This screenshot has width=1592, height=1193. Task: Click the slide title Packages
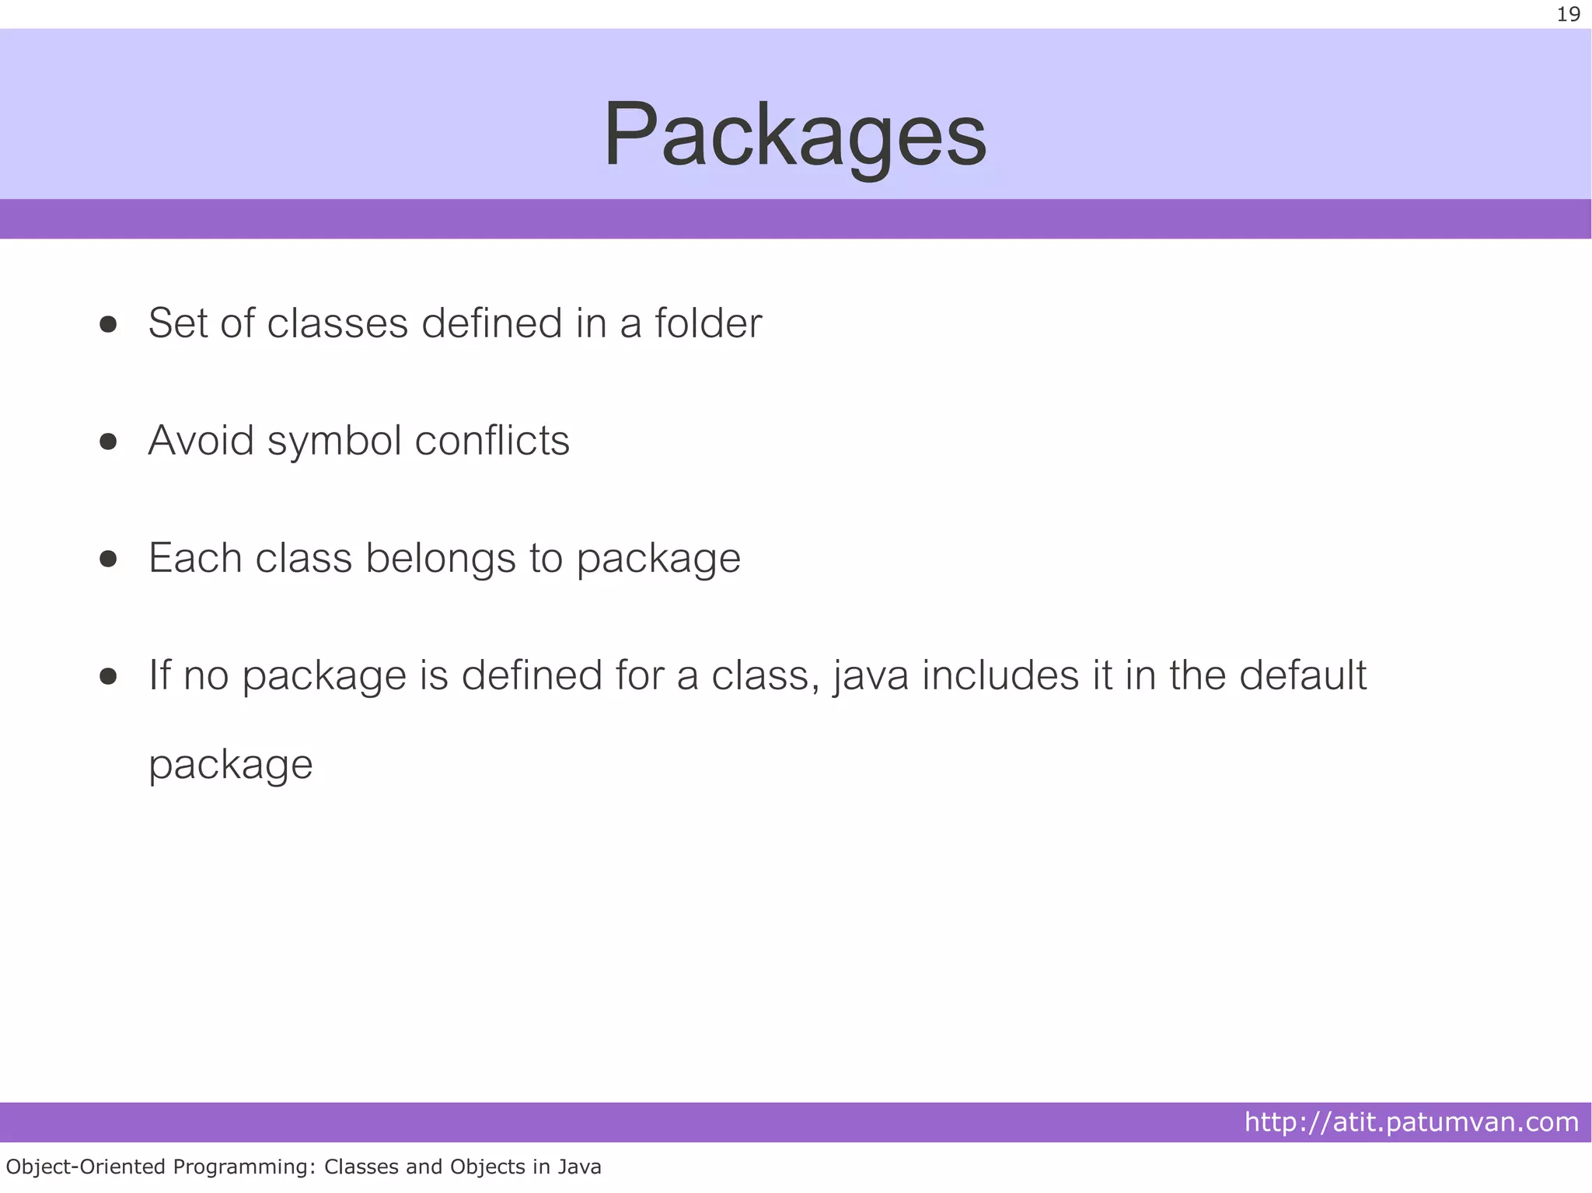tap(794, 134)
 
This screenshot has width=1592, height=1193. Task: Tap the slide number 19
tap(1568, 15)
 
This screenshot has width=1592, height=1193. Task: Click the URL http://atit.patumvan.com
tap(1411, 1122)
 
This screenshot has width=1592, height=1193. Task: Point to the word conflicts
tap(492, 441)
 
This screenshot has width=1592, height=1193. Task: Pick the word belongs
tap(441, 559)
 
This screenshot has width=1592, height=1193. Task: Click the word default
tap(1302, 675)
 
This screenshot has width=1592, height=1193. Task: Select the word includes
tap(1000, 675)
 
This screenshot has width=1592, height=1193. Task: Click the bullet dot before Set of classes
tap(108, 324)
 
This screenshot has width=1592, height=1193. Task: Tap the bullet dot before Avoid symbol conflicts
tap(108, 442)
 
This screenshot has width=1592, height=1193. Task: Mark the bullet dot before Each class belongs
tap(108, 560)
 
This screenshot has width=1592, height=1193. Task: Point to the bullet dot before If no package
tap(108, 676)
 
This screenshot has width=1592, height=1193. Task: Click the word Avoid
tap(201, 441)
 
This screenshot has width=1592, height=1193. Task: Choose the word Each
tap(195, 558)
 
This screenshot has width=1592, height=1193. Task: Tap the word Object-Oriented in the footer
tap(86, 1167)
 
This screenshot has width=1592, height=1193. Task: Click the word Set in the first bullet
tap(177, 323)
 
